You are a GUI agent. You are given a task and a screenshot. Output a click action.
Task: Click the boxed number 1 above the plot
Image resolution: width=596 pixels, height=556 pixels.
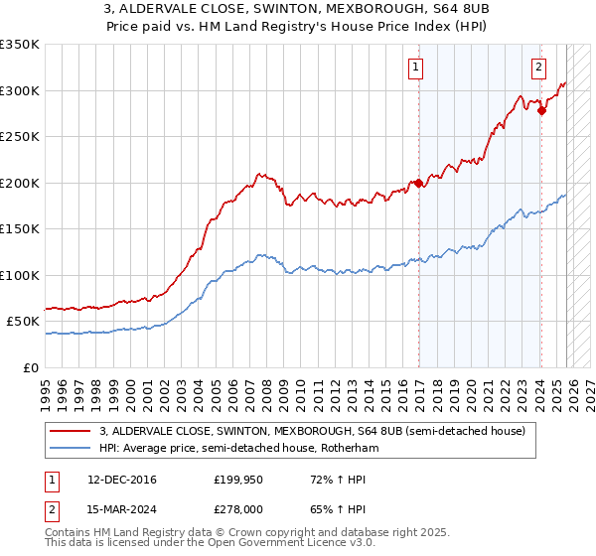point(414,68)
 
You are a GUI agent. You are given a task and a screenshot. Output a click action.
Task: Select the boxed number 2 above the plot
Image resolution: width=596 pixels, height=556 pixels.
point(537,68)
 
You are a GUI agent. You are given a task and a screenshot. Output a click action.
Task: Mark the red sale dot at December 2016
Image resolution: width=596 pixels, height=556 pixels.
point(418,183)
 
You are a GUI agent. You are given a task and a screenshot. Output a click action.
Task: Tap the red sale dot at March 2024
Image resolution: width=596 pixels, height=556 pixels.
point(541,111)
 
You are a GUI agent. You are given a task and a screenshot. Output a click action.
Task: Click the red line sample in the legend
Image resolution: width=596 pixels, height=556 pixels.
point(71,431)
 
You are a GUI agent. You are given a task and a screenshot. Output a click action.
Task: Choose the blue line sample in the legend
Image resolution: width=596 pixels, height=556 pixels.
point(71,448)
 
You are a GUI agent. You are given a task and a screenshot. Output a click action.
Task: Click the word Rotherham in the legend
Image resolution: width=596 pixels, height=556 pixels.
point(351,448)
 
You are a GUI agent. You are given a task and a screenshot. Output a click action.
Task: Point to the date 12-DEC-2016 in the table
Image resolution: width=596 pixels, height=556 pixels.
point(122,480)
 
